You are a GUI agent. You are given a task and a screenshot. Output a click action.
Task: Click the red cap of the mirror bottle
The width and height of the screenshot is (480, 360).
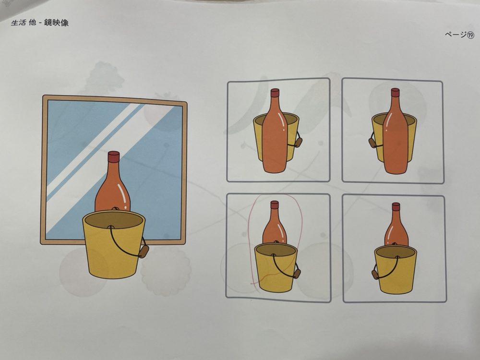click(114, 156)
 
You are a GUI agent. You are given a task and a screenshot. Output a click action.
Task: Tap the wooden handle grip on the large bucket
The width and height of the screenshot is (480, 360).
click(144, 252)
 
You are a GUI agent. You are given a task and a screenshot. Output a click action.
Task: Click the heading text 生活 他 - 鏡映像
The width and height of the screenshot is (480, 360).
click(40, 23)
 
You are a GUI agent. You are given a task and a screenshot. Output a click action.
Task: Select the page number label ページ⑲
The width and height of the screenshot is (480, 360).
click(459, 35)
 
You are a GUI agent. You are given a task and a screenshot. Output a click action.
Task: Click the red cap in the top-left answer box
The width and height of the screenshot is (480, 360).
click(275, 93)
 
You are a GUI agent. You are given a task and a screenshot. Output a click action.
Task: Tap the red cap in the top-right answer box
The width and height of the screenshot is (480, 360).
click(395, 93)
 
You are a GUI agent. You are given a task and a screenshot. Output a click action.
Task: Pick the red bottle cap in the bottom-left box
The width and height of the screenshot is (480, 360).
click(275, 205)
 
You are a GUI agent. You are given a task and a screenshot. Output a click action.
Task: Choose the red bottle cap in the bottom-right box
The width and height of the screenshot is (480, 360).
click(396, 206)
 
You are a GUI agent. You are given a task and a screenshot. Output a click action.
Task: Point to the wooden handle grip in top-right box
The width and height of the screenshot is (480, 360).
click(372, 143)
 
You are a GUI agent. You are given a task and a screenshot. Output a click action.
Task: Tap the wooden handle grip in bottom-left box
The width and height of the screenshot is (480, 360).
click(297, 274)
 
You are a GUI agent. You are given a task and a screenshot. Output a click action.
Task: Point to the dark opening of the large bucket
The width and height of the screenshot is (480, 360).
click(114, 219)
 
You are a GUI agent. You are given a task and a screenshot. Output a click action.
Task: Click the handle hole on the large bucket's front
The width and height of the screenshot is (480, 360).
click(110, 228)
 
